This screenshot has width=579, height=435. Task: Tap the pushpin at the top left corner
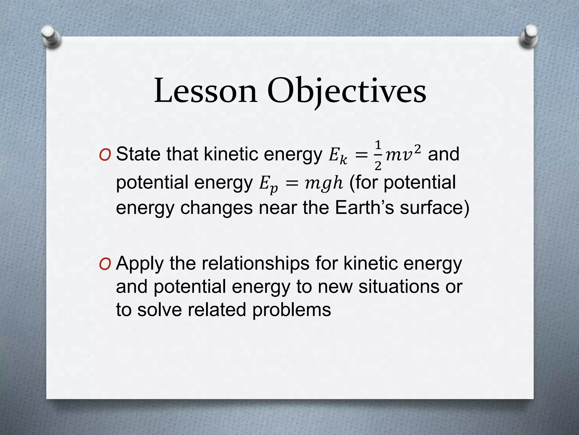click(x=51, y=37)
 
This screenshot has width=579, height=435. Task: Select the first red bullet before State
click(x=105, y=155)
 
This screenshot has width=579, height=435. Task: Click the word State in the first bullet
click(x=138, y=154)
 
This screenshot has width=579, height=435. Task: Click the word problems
click(x=291, y=310)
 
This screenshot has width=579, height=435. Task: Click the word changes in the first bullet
click(x=216, y=208)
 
